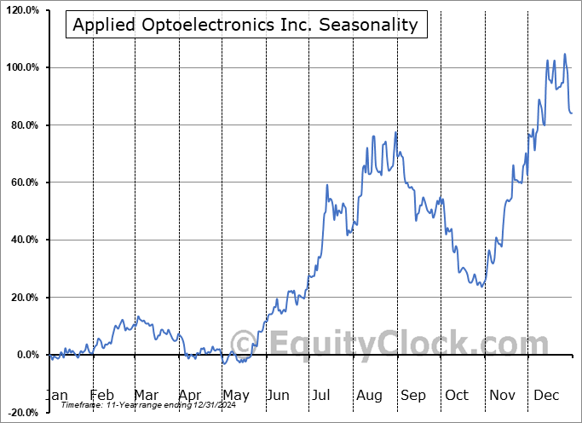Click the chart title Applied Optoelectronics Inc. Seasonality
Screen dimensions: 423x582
tap(245, 25)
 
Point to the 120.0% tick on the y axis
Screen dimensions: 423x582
tap(22, 10)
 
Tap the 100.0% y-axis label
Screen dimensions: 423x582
tap(22, 67)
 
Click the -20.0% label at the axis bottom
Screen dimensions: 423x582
tap(23, 413)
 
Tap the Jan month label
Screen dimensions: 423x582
tap(56, 395)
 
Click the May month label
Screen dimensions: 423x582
tap(235, 395)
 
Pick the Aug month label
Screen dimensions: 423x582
tap(369, 395)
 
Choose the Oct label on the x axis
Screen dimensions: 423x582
tap(458, 395)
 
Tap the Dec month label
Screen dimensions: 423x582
tap(546, 395)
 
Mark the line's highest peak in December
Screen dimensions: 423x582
tap(564, 55)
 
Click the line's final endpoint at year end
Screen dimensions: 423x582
tap(572, 113)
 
